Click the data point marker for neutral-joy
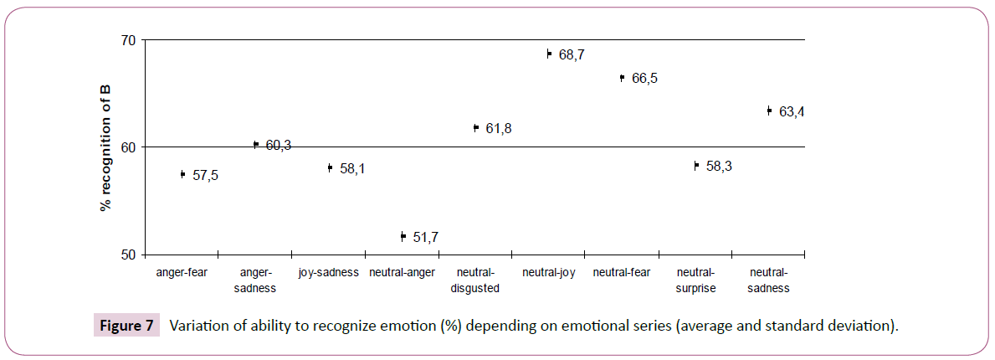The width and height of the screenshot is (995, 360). (549, 54)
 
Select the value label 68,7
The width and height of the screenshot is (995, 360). (572, 55)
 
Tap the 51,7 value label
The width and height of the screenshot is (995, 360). (426, 238)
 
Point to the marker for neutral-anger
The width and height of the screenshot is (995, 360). (403, 237)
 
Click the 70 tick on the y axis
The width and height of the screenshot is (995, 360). (128, 39)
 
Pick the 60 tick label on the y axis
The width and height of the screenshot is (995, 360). (128, 147)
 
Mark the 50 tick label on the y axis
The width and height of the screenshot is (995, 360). (128, 254)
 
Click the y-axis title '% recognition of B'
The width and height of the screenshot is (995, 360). (106, 147)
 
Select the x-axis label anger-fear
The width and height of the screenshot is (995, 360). (182, 272)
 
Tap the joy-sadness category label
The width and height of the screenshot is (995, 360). (328, 272)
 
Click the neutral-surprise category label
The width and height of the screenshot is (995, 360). (695, 280)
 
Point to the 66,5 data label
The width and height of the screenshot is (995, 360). (644, 79)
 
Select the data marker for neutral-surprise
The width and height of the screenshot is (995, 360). (695, 166)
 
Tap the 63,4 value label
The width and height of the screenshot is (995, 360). (791, 112)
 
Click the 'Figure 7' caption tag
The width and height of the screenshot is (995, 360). (125, 327)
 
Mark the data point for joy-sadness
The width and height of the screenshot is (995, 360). (330, 167)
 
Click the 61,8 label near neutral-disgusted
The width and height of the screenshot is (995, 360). (499, 129)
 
